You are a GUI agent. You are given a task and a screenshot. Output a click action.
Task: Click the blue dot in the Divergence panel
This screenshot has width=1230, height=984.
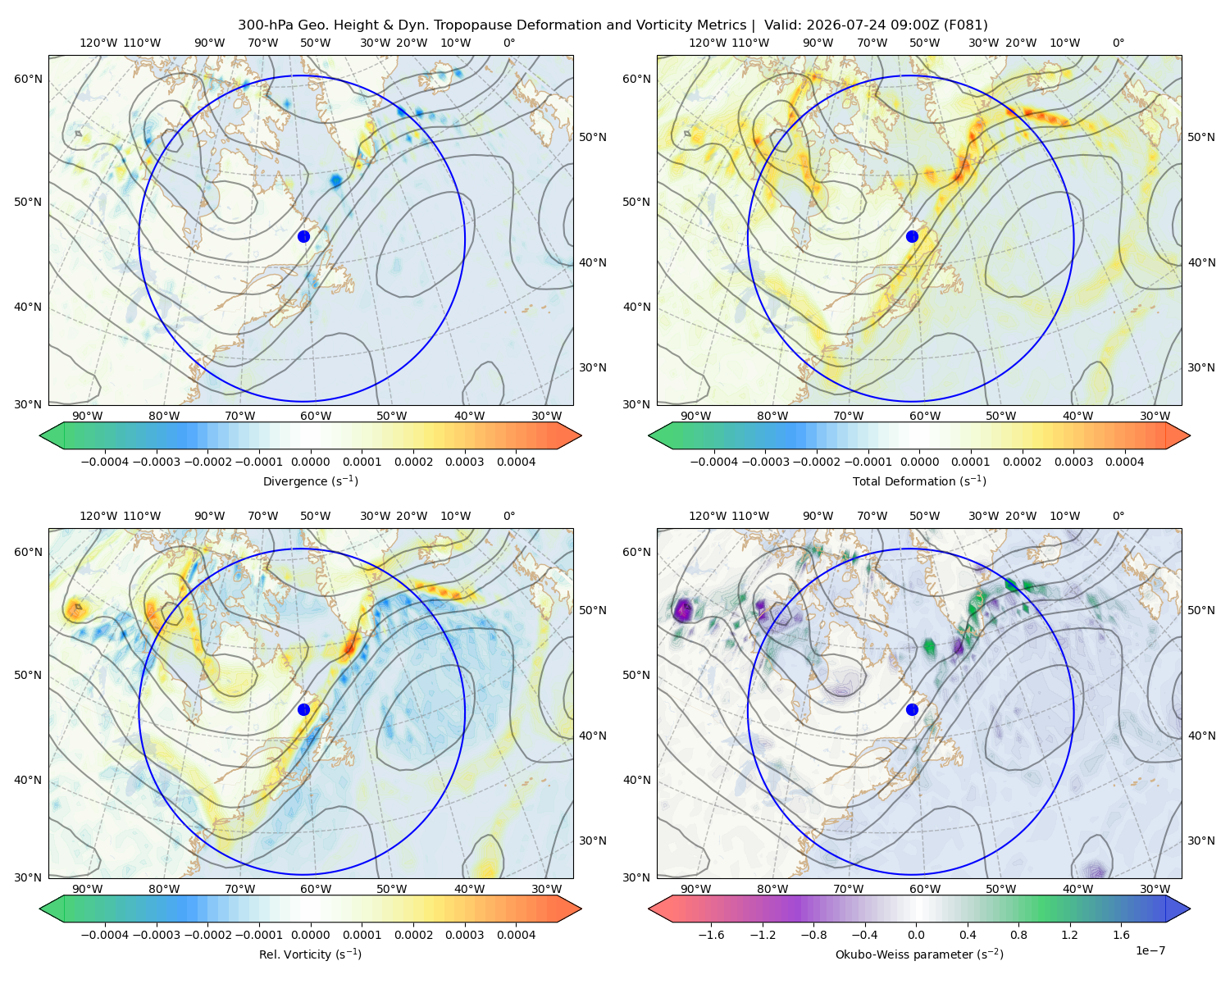click(303, 236)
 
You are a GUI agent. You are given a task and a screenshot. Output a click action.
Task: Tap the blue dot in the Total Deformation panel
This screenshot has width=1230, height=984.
click(912, 236)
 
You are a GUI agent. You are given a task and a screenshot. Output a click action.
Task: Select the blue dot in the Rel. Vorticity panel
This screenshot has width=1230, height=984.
click(303, 709)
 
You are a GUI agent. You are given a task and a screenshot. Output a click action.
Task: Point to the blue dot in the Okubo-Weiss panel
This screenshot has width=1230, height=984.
click(912, 709)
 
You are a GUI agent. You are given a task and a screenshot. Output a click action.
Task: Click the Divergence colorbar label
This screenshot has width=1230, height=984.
click(310, 481)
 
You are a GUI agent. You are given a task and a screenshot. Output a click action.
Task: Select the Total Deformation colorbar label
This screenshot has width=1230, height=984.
click(919, 481)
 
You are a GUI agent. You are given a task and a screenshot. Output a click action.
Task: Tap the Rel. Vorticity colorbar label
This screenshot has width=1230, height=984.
click(310, 954)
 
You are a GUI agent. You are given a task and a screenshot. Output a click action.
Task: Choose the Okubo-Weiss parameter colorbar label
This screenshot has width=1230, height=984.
click(919, 954)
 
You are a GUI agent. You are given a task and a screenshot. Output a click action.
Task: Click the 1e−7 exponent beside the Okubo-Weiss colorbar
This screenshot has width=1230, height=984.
click(1150, 950)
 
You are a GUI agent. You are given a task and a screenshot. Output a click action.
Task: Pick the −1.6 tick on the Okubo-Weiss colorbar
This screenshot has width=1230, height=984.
click(711, 935)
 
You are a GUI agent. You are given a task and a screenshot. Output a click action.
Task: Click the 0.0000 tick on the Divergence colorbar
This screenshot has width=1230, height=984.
click(310, 462)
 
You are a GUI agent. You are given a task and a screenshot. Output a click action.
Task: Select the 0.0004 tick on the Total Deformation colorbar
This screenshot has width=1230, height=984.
click(1125, 462)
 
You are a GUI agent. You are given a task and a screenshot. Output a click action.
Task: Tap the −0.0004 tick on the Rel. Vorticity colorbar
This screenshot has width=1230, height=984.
click(105, 935)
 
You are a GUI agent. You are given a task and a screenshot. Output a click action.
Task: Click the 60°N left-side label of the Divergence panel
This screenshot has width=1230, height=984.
click(28, 79)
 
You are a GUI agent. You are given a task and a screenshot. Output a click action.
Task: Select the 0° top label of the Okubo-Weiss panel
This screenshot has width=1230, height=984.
click(1118, 516)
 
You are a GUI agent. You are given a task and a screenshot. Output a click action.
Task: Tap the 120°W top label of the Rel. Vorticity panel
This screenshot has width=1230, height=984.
click(98, 516)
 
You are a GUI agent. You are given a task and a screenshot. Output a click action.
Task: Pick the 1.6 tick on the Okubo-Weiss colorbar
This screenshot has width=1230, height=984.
click(1122, 935)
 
